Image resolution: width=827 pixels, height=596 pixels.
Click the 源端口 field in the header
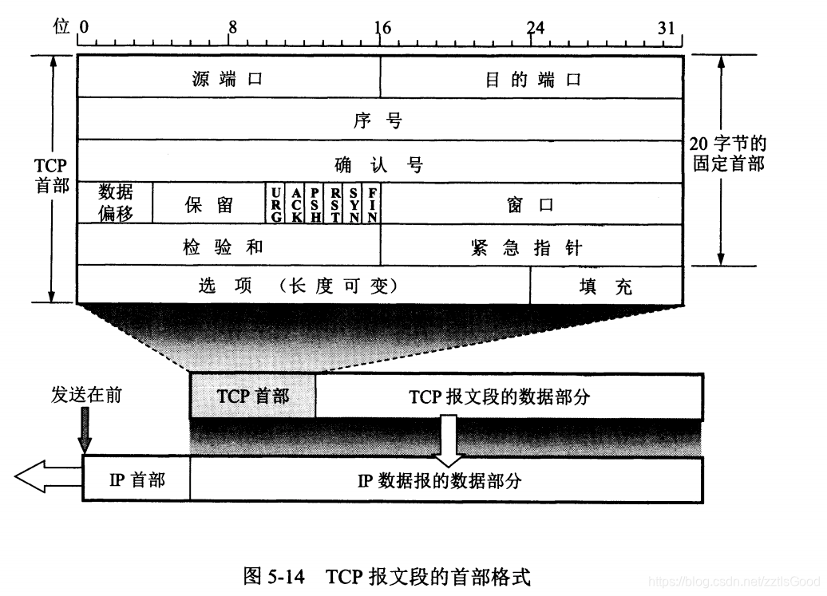coord(228,79)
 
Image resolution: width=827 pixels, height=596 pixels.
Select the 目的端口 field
coord(532,79)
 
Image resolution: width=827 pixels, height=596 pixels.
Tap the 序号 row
coord(380,121)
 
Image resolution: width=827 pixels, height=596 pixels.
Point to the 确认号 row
coord(380,164)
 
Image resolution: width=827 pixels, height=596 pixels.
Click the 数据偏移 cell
coord(116,203)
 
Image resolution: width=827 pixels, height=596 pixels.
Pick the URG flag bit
coord(276,203)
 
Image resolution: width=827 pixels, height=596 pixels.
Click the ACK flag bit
coord(295,203)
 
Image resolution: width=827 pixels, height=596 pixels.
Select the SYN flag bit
coord(354,203)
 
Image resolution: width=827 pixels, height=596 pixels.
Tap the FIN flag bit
coord(373,203)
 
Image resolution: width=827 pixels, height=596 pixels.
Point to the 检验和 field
coord(228,247)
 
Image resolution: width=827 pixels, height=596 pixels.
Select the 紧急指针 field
coord(532,247)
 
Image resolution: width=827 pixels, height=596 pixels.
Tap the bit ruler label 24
coord(535,26)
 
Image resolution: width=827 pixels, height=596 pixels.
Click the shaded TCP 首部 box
coord(253,396)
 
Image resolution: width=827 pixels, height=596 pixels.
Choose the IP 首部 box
coord(137,480)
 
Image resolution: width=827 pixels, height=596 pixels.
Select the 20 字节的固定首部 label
coord(726,154)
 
